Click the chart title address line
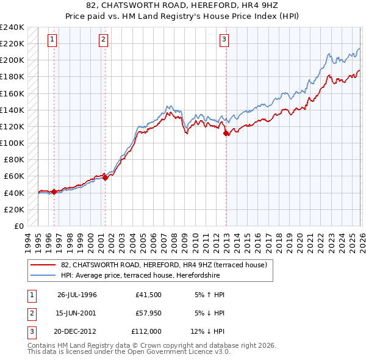coord(183,5)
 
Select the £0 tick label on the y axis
coord(18,226)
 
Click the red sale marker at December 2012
coord(226,133)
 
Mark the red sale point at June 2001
coord(105,178)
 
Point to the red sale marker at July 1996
coord(54,192)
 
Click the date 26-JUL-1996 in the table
coord(77,294)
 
